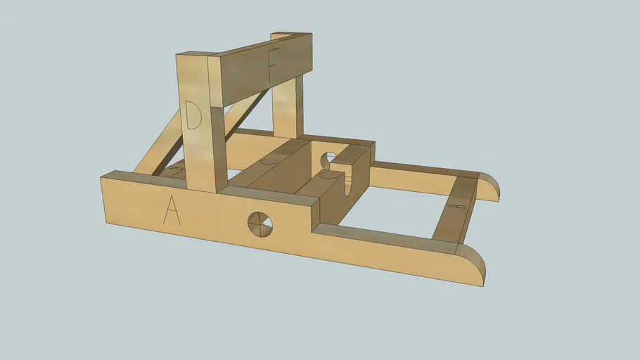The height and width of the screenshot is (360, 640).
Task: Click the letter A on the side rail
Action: coord(172,210)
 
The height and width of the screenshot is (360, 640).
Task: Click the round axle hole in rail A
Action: coord(260,224)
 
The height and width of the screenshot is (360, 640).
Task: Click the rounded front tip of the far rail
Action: coord(489,187)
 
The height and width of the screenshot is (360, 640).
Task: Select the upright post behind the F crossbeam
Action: coord(288,105)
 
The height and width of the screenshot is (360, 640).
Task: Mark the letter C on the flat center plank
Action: coord(269,160)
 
